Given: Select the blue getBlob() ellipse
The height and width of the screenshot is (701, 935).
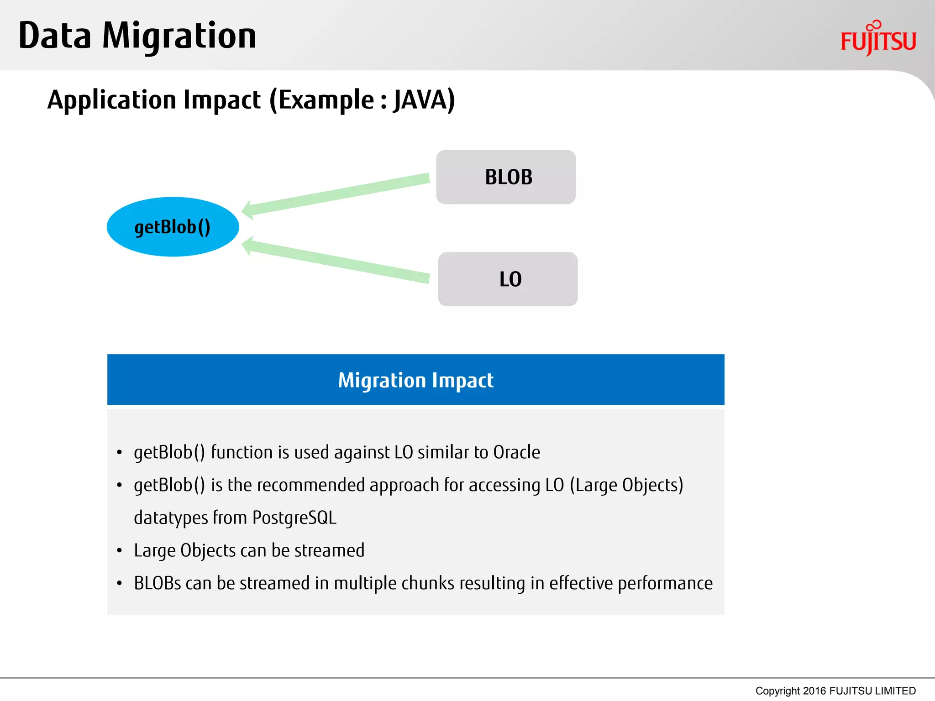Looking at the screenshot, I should pos(173,227).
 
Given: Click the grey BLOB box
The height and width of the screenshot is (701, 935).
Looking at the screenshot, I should pos(506,177).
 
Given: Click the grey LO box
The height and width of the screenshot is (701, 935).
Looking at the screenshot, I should pos(508,279).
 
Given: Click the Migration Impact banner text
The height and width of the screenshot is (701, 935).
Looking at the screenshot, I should pos(415,380).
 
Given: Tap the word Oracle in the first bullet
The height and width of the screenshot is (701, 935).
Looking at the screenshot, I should pos(516,452).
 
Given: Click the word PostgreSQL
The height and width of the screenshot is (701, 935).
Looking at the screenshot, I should pos(294,518).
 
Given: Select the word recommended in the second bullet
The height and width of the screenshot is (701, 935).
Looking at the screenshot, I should pos(310,485).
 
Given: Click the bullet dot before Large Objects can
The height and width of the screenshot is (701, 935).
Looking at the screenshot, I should pos(119,551).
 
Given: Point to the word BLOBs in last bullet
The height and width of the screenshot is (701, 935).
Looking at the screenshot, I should pos(157,583).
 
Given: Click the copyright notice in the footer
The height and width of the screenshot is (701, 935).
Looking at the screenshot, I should pos(835,691).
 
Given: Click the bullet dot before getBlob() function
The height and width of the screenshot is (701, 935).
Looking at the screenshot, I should pos(119,453).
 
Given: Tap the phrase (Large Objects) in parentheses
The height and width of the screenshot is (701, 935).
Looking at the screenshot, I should pos(626,485).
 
